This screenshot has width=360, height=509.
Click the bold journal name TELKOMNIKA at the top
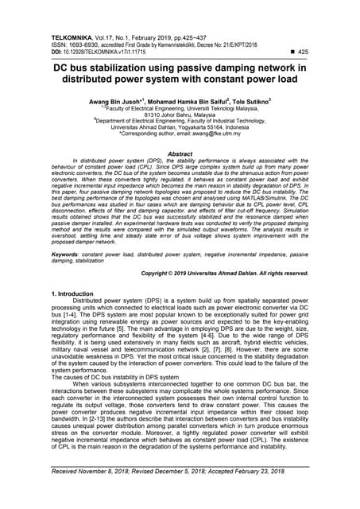pos(75,37)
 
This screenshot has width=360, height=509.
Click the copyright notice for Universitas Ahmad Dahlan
pos(219,273)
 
